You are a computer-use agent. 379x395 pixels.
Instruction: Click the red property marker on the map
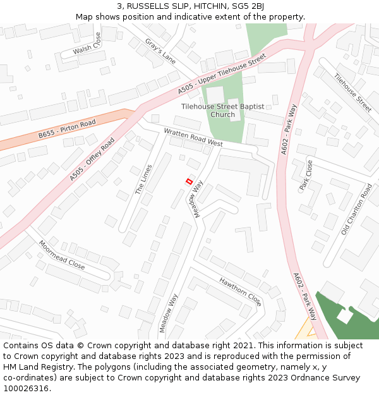[188, 181]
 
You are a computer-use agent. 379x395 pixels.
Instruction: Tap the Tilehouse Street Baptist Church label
[222, 111]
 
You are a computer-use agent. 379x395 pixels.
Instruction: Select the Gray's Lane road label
[160, 51]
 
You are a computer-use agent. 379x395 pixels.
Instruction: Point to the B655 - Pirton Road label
[66, 129]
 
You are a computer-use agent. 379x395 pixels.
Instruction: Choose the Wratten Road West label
[193, 138]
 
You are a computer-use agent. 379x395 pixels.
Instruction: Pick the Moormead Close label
[61, 255]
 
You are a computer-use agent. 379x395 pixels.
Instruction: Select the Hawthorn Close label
[240, 291]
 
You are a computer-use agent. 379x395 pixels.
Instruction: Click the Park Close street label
[306, 175]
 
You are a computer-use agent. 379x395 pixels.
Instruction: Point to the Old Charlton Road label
[356, 209]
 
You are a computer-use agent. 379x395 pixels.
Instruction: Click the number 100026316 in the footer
[26, 389]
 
